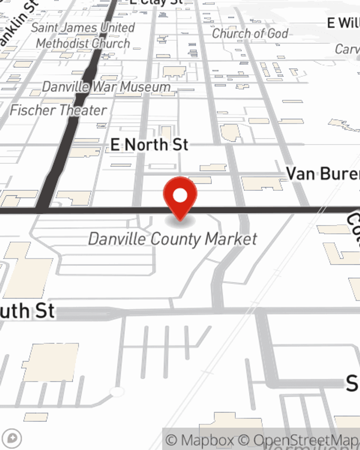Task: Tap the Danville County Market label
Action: click(173, 239)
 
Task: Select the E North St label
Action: click(149, 145)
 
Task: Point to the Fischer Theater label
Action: click(58, 110)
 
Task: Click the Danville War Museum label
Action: click(106, 87)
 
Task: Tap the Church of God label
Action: click(250, 33)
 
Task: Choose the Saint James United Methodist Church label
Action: click(83, 35)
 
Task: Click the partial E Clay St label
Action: click(157, 2)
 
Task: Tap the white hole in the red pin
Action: click(180, 195)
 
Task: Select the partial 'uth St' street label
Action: click(27, 311)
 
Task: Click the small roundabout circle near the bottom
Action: click(117, 392)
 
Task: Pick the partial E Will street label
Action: click(343, 23)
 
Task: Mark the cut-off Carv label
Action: click(347, 49)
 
